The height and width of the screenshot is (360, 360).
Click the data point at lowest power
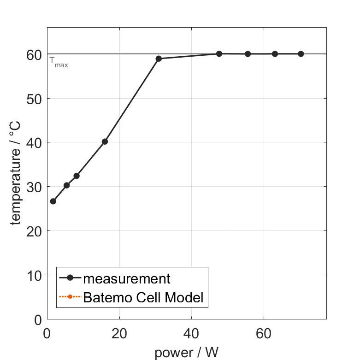point(53,201)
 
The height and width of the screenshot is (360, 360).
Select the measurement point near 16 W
point(105,142)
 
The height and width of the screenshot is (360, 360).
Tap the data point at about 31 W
point(159,59)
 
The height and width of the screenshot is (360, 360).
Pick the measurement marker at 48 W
point(219,54)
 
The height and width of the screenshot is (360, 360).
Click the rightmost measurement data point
point(301,54)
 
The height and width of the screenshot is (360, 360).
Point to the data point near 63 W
point(275,54)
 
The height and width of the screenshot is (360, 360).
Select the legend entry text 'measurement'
point(127,278)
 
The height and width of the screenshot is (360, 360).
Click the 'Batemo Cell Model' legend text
point(143,297)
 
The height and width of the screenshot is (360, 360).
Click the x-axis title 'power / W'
point(186,353)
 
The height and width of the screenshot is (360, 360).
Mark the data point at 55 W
point(248,54)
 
